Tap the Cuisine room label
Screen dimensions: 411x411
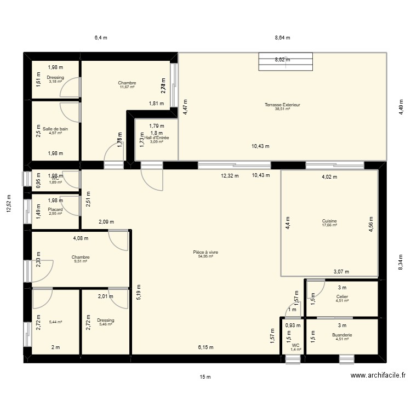pos(329,221)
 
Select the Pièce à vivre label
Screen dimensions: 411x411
pos(206,252)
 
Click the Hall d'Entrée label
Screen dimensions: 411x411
pos(157,138)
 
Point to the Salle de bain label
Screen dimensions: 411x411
pos(55,129)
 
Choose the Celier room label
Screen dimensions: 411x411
pos(342,296)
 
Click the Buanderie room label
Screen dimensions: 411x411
pos(342,334)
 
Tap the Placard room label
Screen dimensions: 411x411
pos(55,209)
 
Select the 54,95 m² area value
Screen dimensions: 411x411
pos(206,256)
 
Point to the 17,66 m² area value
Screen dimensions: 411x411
pos(329,225)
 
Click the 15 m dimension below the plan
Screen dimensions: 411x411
pos(206,376)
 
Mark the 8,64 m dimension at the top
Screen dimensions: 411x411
pos(282,38)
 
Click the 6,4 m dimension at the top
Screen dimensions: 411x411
pos(101,38)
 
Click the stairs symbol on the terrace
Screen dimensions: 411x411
pos(286,62)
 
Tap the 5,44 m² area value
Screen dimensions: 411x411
pos(55,322)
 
